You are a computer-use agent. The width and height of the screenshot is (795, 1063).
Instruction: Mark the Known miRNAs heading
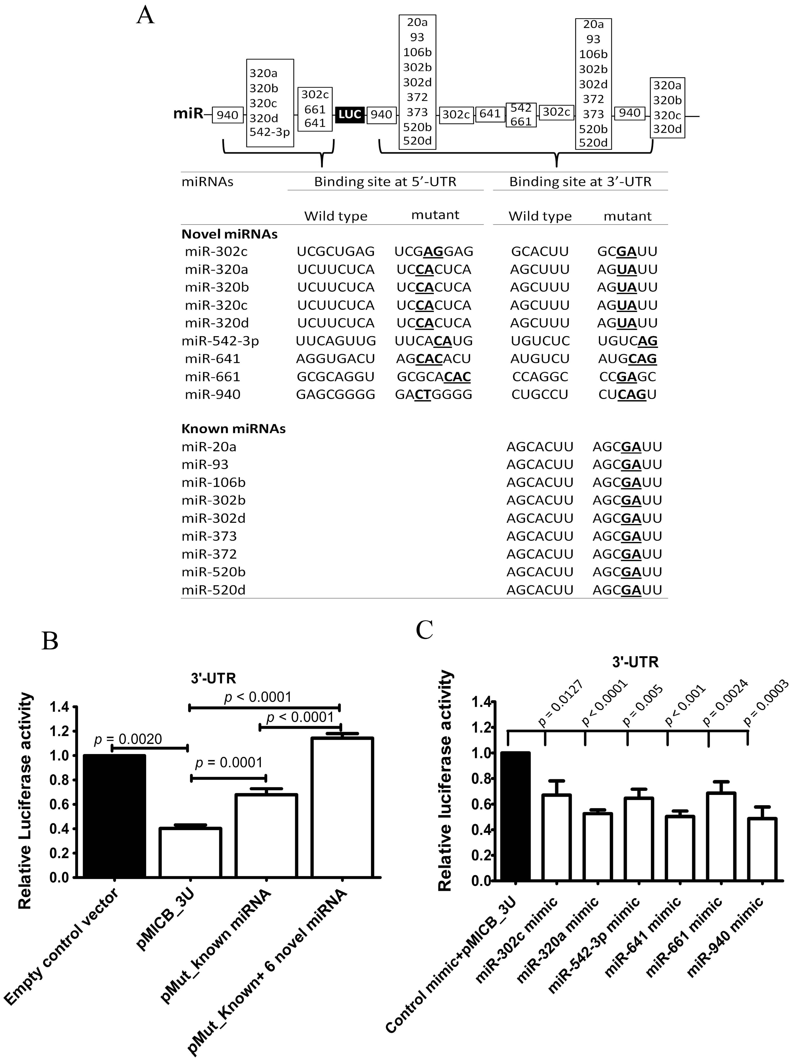[233, 429]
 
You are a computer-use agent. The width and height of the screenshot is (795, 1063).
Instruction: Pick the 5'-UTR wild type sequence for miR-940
[335, 394]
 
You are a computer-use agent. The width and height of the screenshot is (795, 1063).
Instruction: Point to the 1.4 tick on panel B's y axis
[59, 707]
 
